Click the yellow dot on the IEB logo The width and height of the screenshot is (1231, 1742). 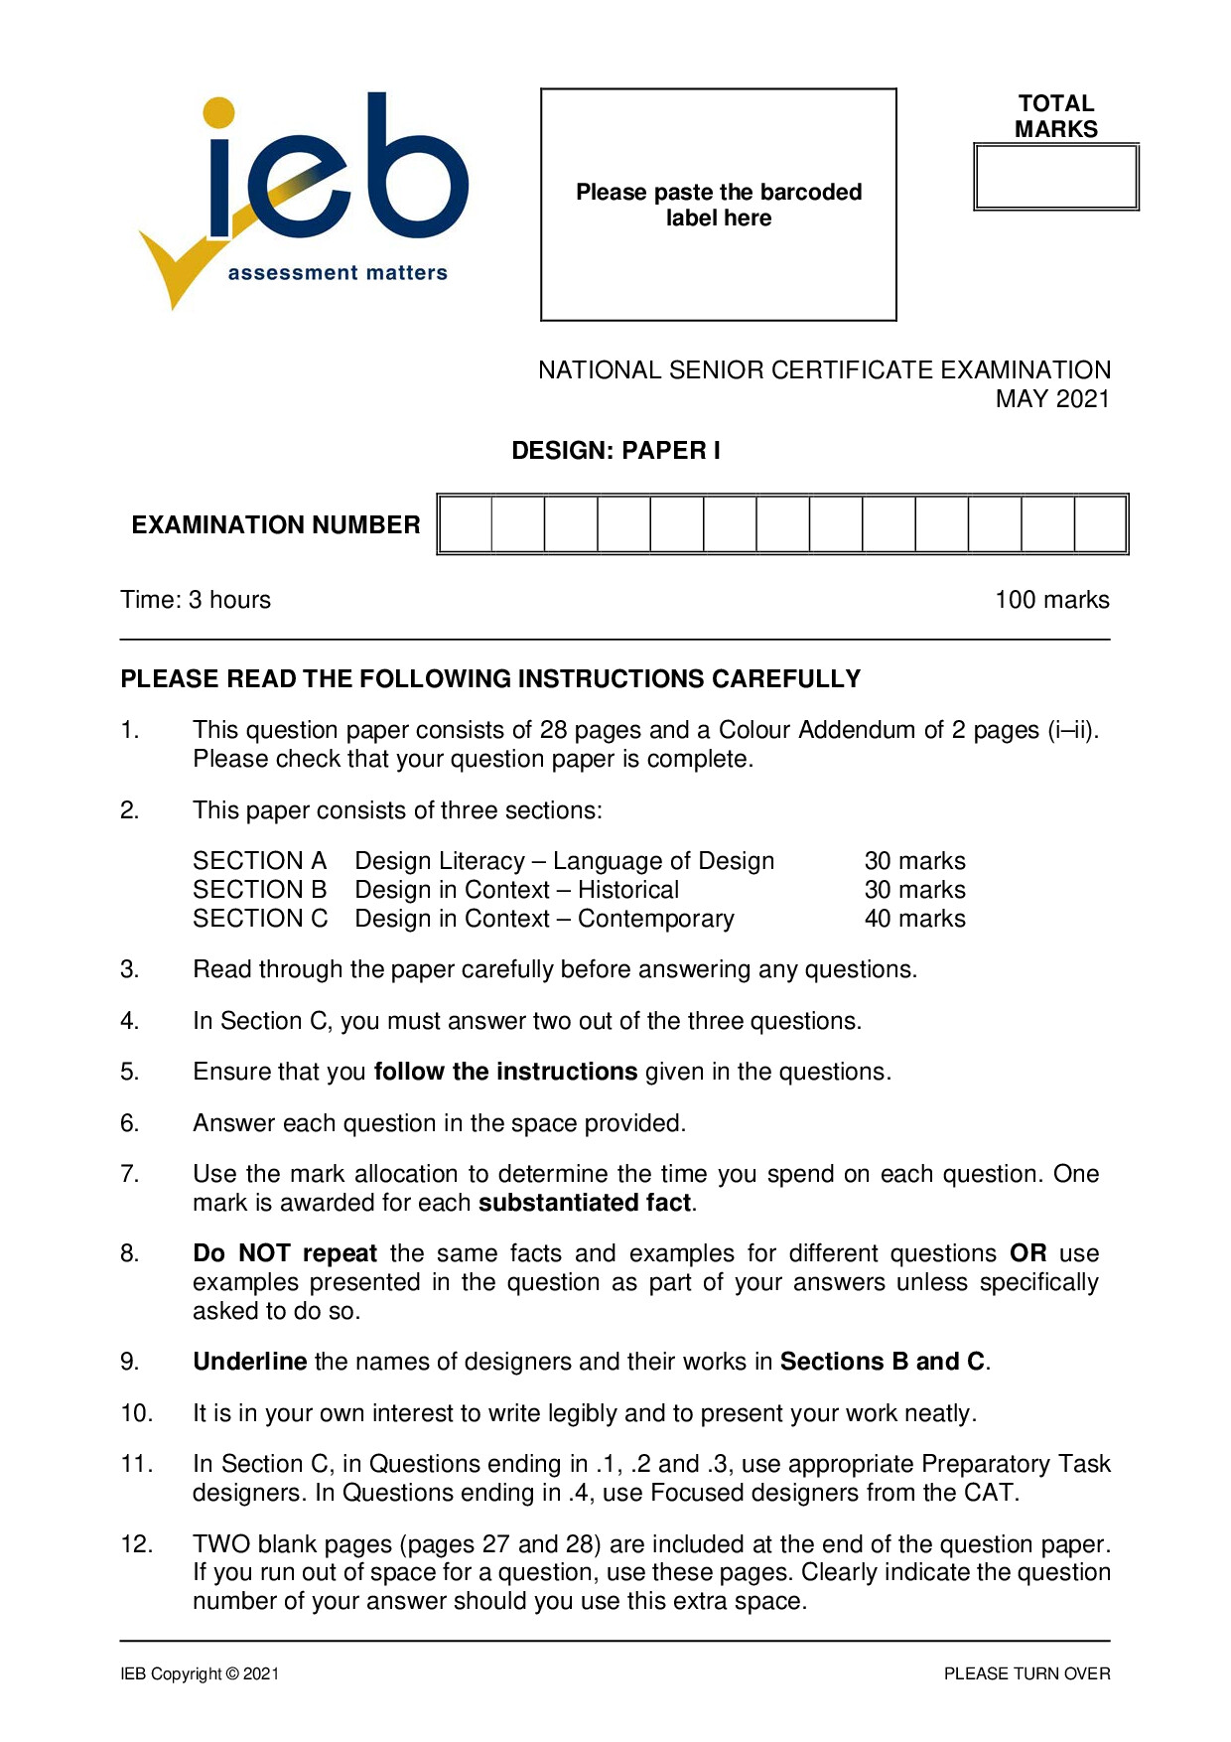(218, 112)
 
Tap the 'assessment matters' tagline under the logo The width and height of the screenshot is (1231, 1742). (338, 273)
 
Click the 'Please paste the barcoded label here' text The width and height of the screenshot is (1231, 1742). (719, 205)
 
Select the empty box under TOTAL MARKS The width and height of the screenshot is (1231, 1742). (1055, 177)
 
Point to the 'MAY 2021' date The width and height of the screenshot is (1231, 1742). (1052, 399)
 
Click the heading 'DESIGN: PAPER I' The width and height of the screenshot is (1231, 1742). (615, 451)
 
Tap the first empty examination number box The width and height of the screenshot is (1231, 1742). (466, 524)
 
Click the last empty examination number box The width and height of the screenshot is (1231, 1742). (1100, 524)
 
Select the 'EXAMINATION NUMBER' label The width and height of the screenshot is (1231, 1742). (276, 525)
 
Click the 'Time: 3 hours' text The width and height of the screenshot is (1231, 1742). (196, 600)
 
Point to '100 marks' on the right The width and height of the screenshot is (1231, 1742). (1052, 600)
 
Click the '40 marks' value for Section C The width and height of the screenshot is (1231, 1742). (914, 919)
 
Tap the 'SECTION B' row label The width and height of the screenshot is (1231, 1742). (259, 890)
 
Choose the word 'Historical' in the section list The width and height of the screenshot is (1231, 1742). (628, 890)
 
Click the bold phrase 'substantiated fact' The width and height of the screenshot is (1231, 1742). (585, 1203)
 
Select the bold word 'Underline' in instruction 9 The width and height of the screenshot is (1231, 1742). (250, 1362)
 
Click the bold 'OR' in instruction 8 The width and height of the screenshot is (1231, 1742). (1027, 1253)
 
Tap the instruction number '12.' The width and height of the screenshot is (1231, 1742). (136, 1544)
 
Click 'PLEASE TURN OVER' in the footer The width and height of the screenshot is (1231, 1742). (1026, 1674)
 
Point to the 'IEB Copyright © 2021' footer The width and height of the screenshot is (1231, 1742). (200, 1674)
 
